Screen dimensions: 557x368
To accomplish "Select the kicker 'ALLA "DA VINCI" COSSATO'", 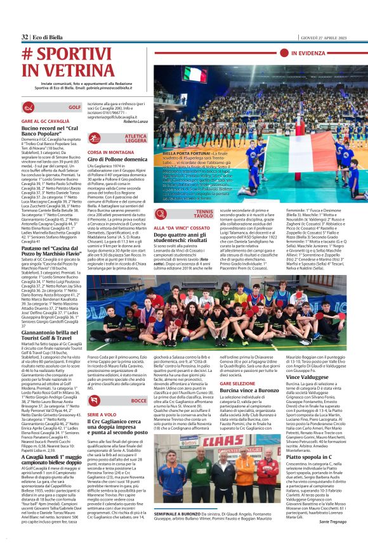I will (x=172, y=227).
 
